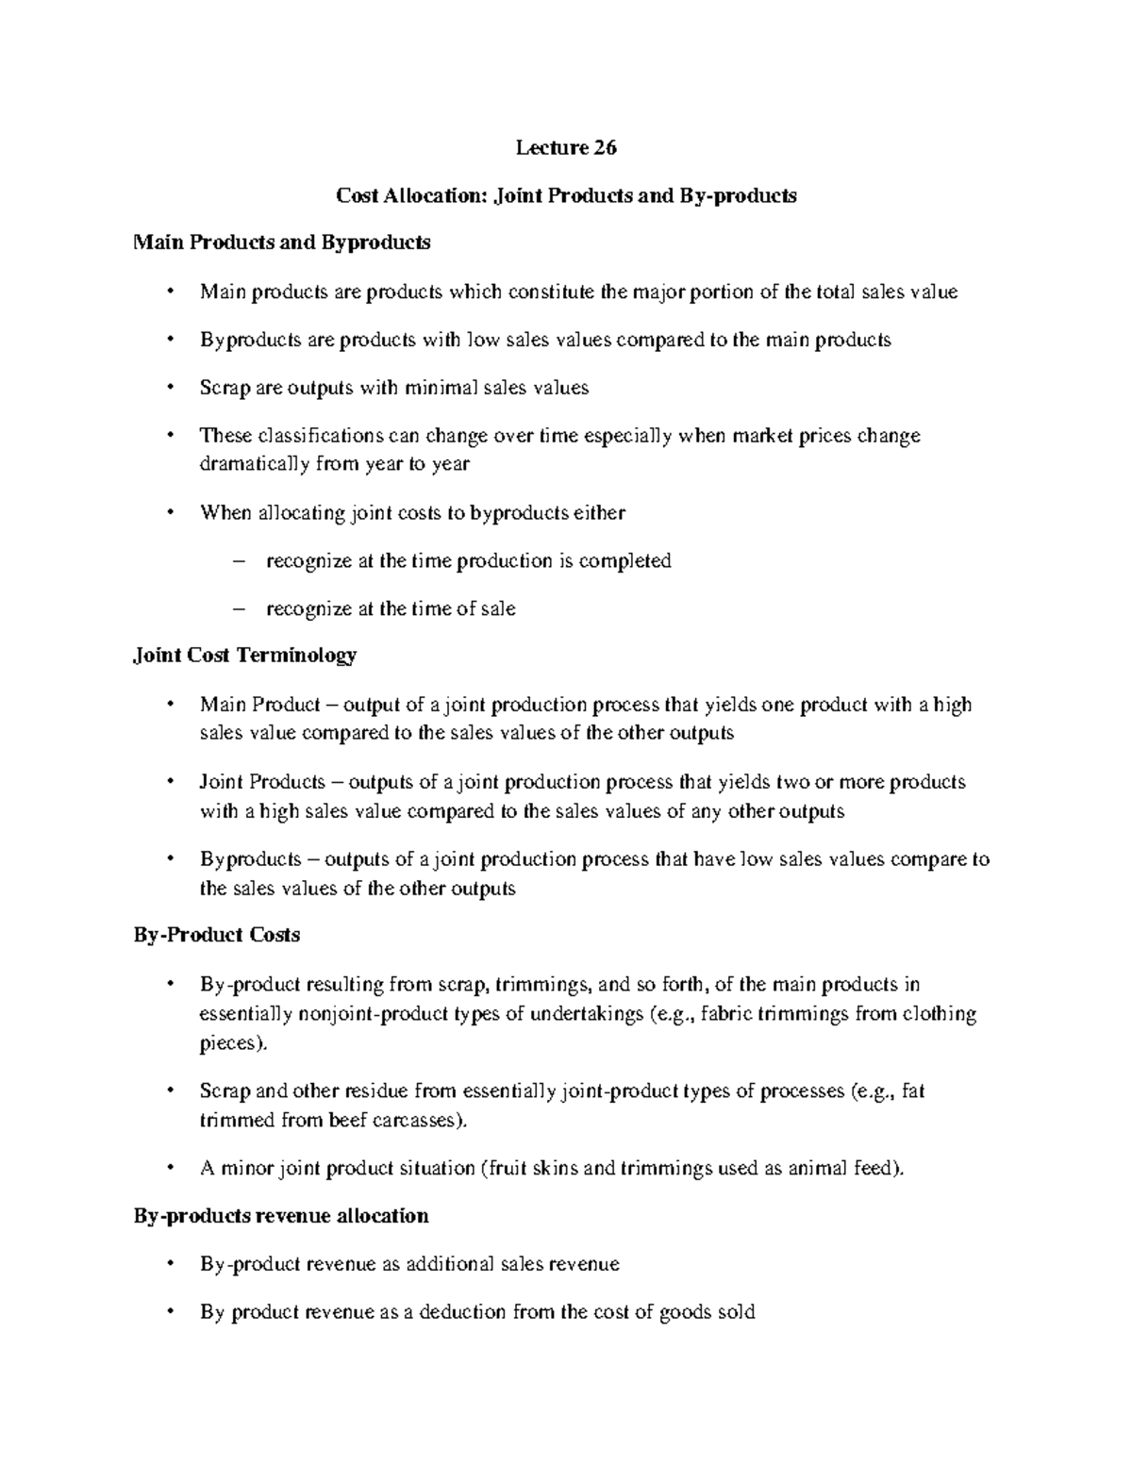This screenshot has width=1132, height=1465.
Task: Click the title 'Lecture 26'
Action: point(565,148)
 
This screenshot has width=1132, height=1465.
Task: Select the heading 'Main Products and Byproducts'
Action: point(281,242)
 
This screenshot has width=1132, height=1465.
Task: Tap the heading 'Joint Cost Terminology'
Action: point(244,655)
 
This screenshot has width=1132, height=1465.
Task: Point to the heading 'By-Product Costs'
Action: point(216,935)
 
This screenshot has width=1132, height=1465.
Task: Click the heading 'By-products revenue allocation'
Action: point(280,1215)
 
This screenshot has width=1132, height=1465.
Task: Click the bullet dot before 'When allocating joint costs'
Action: point(170,513)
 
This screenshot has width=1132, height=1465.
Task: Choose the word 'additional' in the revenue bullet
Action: point(448,1264)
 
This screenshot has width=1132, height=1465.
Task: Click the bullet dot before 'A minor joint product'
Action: point(170,1169)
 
